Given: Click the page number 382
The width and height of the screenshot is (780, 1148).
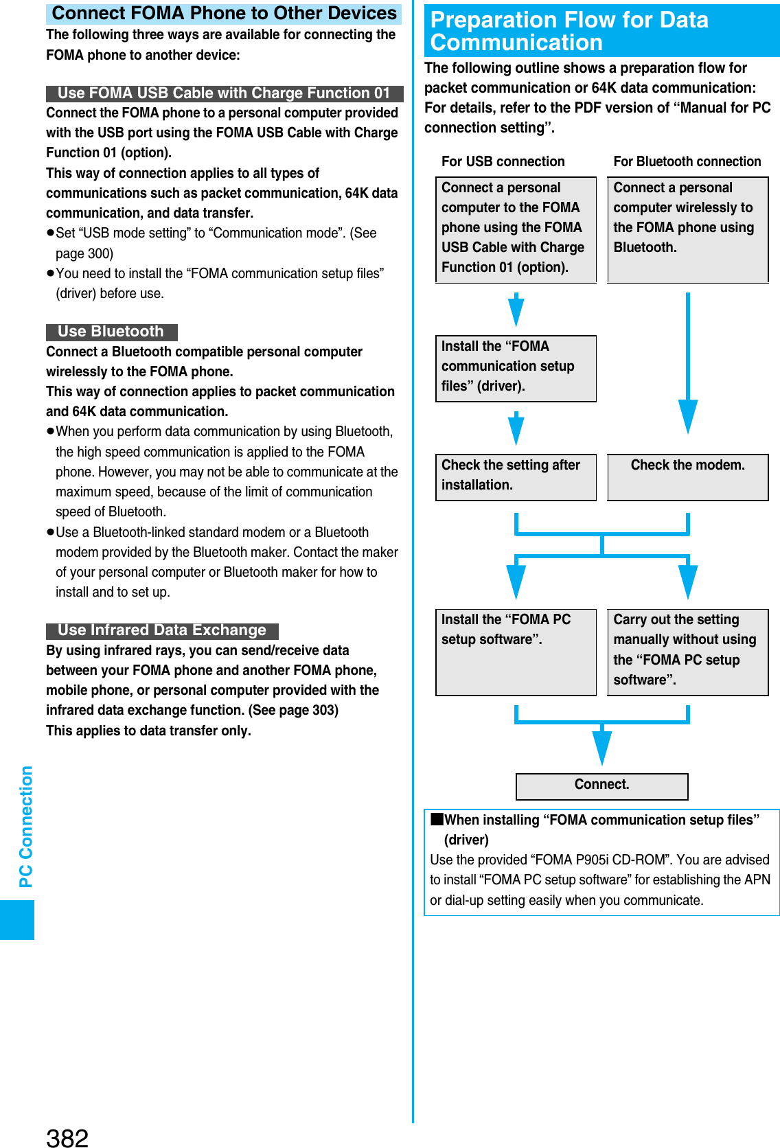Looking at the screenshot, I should (67, 1137).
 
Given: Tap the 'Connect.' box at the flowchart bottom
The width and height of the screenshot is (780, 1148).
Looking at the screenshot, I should (601, 785).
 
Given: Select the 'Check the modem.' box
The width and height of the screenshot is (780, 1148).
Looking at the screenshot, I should (687, 477).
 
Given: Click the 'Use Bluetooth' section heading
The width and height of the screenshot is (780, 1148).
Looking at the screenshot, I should (111, 332).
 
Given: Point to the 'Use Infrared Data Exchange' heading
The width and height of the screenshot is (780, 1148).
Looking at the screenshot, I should (162, 630).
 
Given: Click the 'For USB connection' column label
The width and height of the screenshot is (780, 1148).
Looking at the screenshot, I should (503, 161).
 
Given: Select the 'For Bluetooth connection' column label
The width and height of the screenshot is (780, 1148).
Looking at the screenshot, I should (687, 161).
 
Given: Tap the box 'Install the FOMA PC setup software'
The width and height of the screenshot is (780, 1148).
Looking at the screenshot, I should (516, 652).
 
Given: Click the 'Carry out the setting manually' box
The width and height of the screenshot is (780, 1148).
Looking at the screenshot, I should (687, 652).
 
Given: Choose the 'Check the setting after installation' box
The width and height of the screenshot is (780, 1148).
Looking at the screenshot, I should (516, 477).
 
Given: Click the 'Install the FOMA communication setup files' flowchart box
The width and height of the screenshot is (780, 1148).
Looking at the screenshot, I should (516, 368).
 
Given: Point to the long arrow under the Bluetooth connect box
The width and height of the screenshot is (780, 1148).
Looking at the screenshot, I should (687, 364).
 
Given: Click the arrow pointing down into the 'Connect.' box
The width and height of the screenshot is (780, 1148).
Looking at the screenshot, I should (601, 745).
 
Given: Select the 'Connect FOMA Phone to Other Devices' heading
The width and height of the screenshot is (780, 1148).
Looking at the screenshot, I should (224, 14).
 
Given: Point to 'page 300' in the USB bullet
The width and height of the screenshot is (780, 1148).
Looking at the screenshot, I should (84, 253).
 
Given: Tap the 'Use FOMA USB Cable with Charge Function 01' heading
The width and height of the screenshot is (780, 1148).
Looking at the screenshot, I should (224, 93).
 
